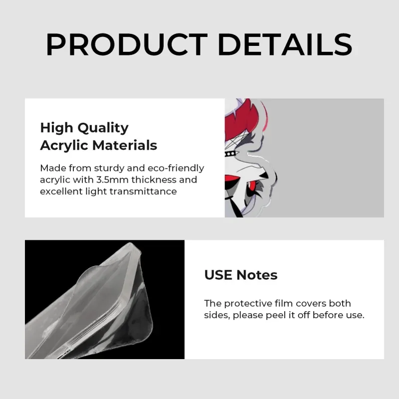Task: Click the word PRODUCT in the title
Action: click(127, 44)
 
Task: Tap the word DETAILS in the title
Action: click(285, 44)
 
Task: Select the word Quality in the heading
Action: click(103, 128)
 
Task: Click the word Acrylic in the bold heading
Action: click(64, 146)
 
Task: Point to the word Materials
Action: click(125, 145)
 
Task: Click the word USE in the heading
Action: click(218, 275)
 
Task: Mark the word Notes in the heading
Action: click(257, 275)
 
